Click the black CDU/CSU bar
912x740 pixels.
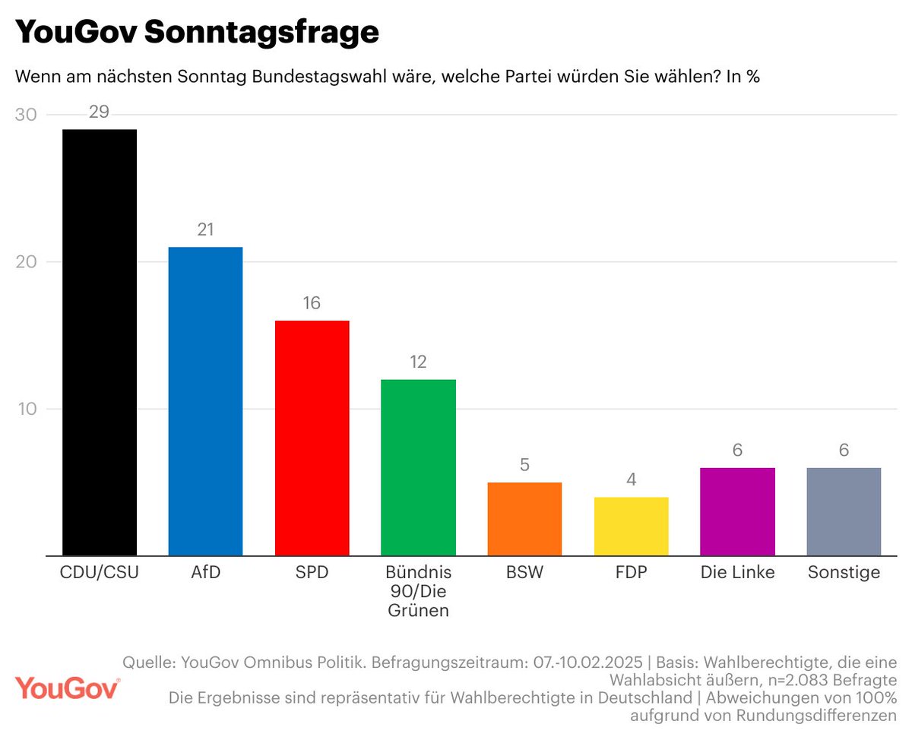click(x=100, y=342)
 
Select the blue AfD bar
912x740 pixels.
click(x=205, y=401)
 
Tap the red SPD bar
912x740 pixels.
click(x=312, y=438)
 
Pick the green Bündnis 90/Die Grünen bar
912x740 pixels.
click(x=418, y=467)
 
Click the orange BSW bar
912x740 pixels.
click(x=524, y=519)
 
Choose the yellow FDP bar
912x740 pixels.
click(x=631, y=527)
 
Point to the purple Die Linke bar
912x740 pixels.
click(x=737, y=511)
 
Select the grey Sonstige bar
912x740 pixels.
click(x=844, y=511)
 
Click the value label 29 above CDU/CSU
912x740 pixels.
click(x=100, y=112)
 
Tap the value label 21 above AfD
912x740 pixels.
click(x=205, y=230)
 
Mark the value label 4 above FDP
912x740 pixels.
click(x=631, y=480)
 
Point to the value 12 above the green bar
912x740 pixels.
click(x=418, y=362)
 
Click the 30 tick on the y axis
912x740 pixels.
click(x=30, y=115)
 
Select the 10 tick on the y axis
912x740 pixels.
click(x=30, y=409)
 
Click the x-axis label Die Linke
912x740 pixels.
click(x=737, y=573)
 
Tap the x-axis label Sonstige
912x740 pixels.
click(x=844, y=573)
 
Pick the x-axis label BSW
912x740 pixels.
click(x=524, y=573)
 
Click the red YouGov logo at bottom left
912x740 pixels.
click(x=68, y=688)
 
